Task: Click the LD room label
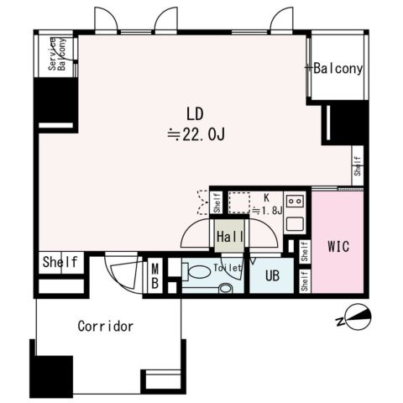point(195,114)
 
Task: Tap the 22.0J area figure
point(196,134)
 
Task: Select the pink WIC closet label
point(338,247)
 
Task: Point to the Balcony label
point(338,69)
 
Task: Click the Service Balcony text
point(57,54)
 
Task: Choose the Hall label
point(230,237)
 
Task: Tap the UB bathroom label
point(272,275)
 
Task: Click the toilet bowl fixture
point(197,272)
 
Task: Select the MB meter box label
point(154,276)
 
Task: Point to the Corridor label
point(106,327)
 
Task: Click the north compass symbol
point(355,317)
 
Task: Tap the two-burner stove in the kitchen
point(295,201)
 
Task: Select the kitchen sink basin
point(295,224)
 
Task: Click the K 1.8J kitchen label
point(267,205)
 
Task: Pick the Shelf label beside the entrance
point(60,262)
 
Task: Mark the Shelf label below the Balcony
point(358,165)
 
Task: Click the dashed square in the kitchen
point(239,203)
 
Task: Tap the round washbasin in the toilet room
point(225,288)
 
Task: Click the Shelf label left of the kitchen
point(217,203)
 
